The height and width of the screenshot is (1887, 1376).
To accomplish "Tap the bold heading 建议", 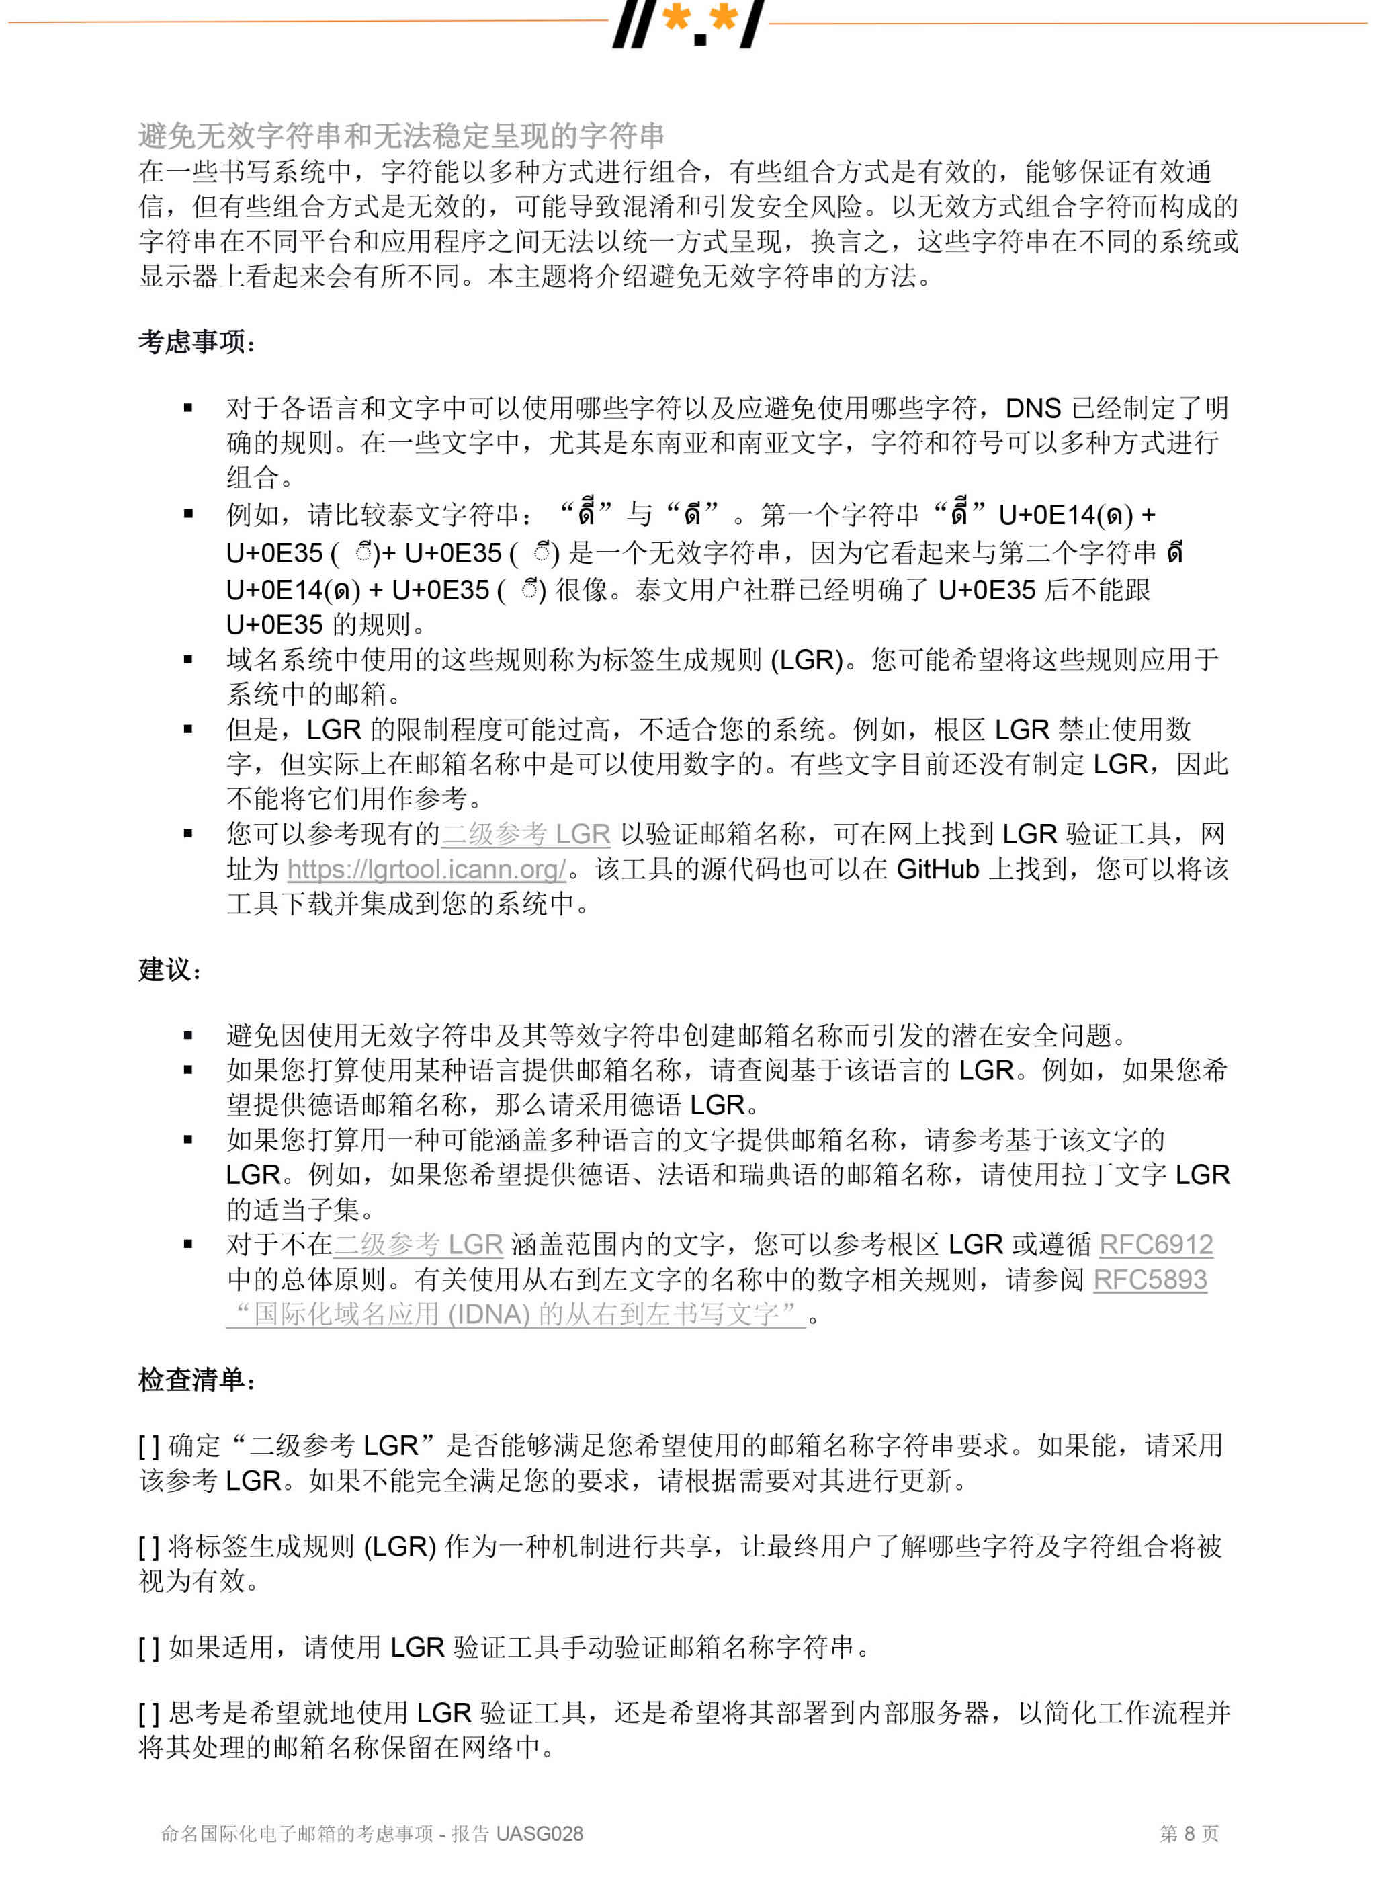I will pyautogui.click(x=169, y=970).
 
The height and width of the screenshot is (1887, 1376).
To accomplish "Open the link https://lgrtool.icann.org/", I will pyautogui.click(x=427, y=869).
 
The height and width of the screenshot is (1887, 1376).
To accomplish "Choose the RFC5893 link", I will pyautogui.click(x=1150, y=1279).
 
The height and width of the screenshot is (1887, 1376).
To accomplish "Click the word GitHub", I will pyautogui.click(x=937, y=869).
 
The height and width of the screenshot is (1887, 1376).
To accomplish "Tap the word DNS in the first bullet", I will pyautogui.click(x=1033, y=407).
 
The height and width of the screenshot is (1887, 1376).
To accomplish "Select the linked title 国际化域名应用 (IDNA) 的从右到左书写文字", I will pyautogui.click(x=517, y=1314).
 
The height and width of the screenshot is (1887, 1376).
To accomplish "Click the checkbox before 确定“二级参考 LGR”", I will pyautogui.click(x=149, y=1446).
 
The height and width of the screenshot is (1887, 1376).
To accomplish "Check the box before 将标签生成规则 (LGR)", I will pyautogui.click(x=149, y=1547).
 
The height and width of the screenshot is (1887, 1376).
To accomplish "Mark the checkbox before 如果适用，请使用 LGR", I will pyautogui.click(x=149, y=1647).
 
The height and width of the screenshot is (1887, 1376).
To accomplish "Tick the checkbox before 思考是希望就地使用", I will pyautogui.click(x=149, y=1714).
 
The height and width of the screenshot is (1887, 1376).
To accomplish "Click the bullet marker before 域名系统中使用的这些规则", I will pyautogui.click(x=188, y=659).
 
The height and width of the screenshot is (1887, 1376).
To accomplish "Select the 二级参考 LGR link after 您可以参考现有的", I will pyautogui.click(x=525, y=834).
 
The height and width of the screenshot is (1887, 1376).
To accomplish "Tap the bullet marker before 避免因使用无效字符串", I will pyautogui.click(x=188, y=1036).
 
